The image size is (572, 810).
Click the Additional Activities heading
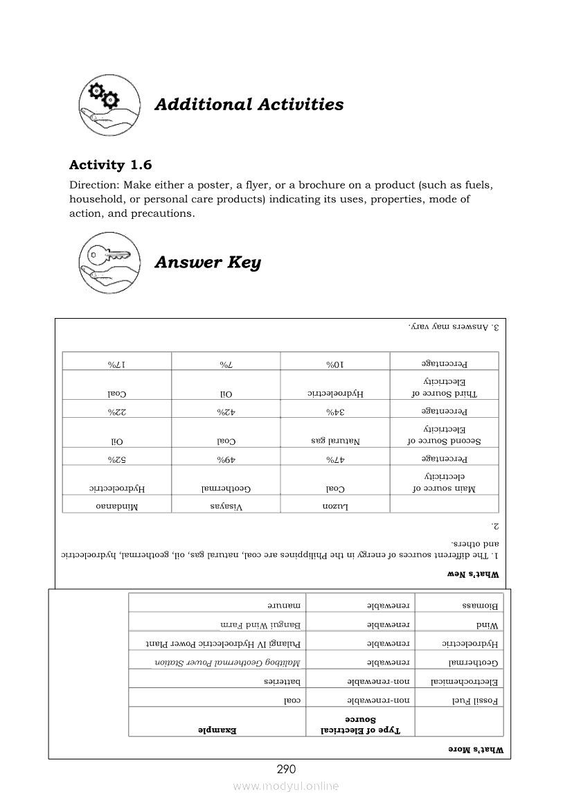[x=249, y=105]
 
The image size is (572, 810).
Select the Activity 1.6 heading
[x=110, y=165]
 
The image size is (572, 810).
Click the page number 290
[x=286, y=768]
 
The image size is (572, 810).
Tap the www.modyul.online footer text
[x=286, y=786]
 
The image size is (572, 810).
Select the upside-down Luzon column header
[x=335, y=507]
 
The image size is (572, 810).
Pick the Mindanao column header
[x=116, y=507]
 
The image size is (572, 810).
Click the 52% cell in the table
[x=116, y=459]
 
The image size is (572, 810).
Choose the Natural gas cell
[x=335, y=440]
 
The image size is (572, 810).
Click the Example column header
[x=218, y=730]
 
